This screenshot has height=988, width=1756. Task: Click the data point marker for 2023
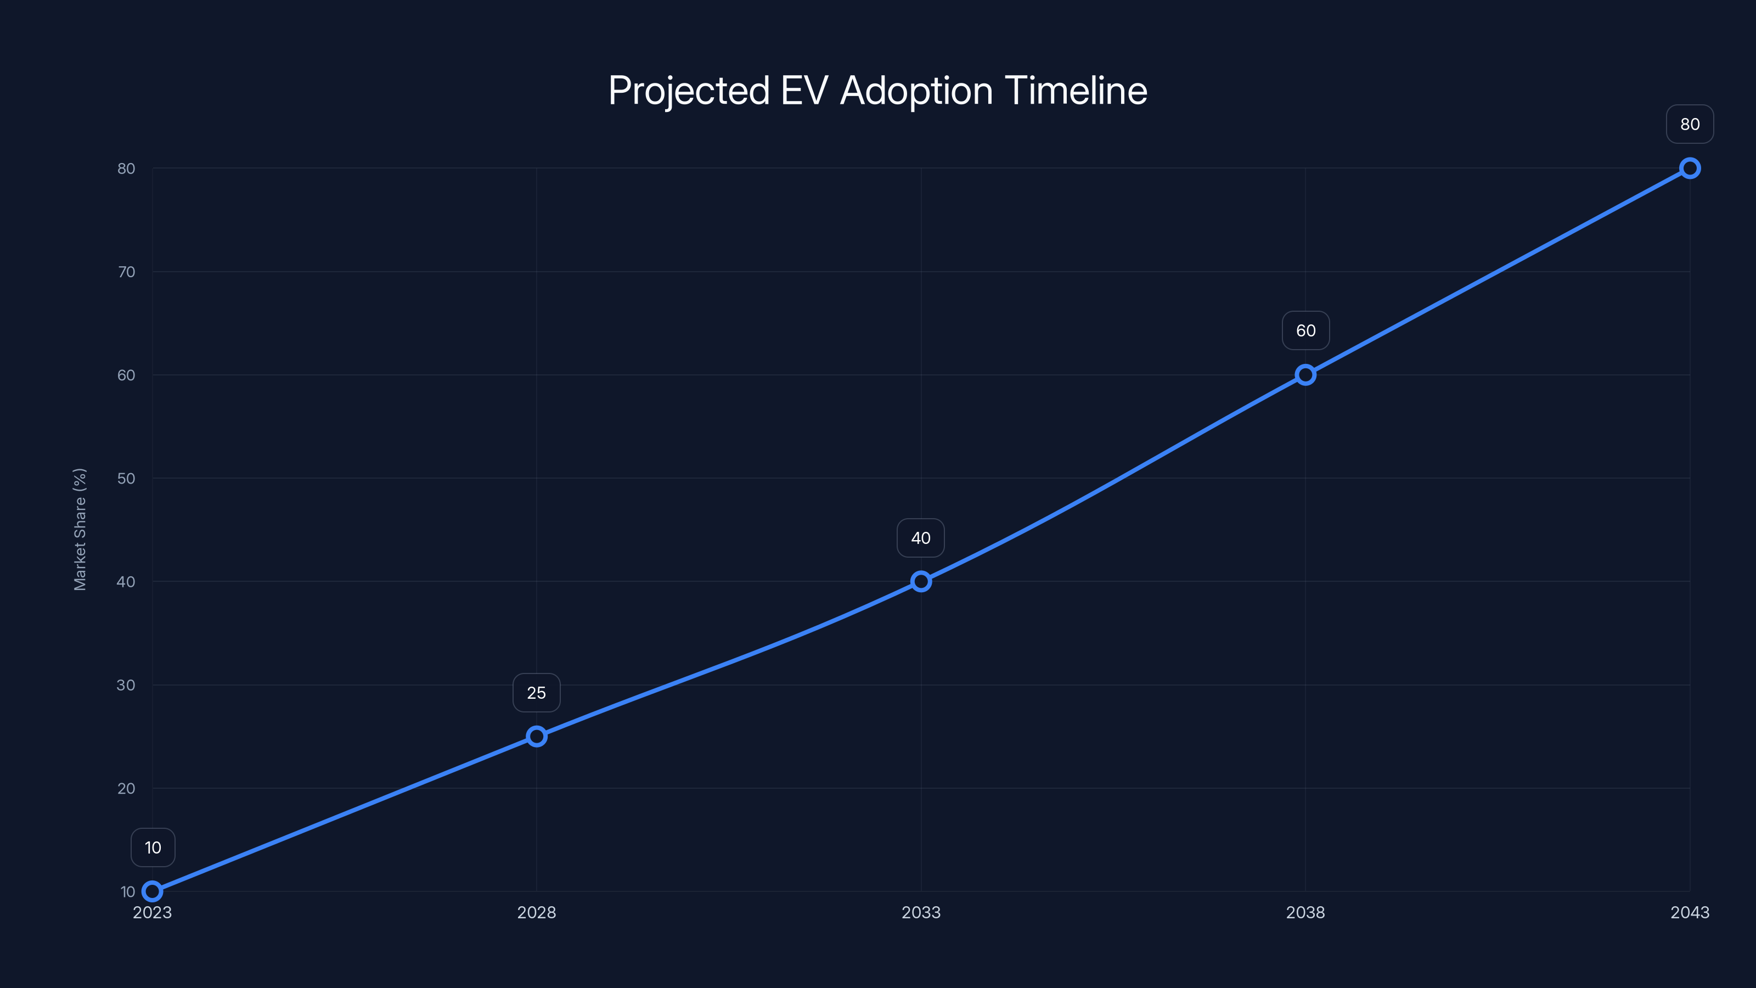pos(152,891)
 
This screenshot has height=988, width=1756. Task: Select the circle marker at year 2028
pos(537,737)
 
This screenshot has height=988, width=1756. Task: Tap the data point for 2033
pos(921,582)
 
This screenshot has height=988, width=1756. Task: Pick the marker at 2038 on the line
pos(1305,375)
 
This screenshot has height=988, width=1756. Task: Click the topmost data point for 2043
pos(1690,169)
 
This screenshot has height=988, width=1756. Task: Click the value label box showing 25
pos(537,693)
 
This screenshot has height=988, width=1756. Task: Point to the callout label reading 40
pos(921,538)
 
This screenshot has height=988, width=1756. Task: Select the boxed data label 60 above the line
pos(1305,330)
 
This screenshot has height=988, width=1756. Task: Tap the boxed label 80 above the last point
pos(1690,124)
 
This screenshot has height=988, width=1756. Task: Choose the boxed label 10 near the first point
pos(153,847)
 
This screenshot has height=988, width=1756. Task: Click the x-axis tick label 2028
pos(537,912)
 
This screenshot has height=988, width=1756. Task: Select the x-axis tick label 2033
pos(921,912)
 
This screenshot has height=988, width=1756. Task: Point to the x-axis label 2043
pos(1690,912)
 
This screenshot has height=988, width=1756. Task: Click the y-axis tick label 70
pos(126,272)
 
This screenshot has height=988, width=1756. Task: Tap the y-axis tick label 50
pos(126,479)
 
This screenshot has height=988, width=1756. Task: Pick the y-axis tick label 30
pos(126,685)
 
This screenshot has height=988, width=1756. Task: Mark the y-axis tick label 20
pos(126,788)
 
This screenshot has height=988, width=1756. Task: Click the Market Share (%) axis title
pos(80,529)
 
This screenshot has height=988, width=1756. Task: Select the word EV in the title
pos(804,91)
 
